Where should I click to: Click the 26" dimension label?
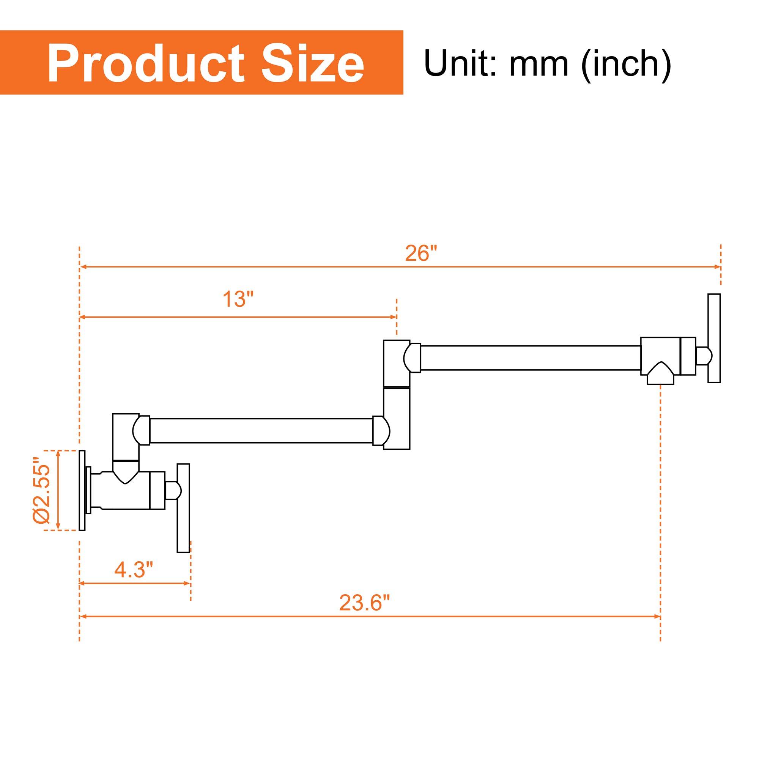point(421,254)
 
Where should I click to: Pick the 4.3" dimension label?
point(134,569)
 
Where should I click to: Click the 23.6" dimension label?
point(365,603)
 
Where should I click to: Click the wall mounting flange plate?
point(82,490)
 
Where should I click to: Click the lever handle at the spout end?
point(714,338)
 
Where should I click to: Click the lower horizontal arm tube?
point(261,431)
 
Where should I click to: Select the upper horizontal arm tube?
point(531,357)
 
